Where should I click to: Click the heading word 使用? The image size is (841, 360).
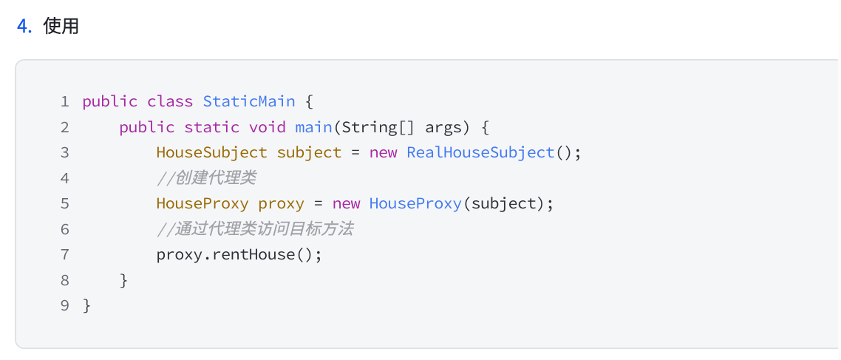(61, 27)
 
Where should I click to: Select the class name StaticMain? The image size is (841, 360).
(249, 101)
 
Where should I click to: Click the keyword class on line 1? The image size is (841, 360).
(170, 101)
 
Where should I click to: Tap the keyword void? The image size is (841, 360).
(267, 127)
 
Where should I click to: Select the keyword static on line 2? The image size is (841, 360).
(211, 127)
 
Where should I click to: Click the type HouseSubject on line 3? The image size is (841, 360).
(211, 152)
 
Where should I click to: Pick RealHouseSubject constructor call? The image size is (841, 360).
(480, 152)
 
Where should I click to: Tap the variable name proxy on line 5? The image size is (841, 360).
(281, 203)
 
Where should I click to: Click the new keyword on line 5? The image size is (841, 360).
(346, 203)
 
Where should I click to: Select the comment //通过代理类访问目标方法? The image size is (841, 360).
(255, 229)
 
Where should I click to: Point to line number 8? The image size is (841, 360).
(65, 280)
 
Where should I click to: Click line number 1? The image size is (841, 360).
(65, 101)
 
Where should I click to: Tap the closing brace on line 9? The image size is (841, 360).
(87, 305)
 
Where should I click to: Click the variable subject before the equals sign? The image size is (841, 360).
(309, 152)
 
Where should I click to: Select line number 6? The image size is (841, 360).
(65, 229)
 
